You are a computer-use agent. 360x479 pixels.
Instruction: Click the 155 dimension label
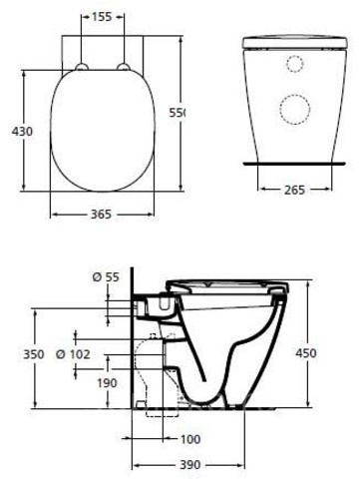pos(102,17)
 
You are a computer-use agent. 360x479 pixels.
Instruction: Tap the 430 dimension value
pos(23,132)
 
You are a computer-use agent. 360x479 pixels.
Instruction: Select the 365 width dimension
pos(101,215)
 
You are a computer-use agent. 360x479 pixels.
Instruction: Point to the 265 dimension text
pos(294,190)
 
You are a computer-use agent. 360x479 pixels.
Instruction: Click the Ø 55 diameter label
pos(106,276)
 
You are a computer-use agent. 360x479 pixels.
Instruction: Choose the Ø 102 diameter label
pos(73,354)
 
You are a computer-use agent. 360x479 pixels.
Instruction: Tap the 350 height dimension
pos(33,354)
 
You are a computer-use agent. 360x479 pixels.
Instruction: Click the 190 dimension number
pos(107,383)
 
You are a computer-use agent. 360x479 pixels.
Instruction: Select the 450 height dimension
pos(306,353)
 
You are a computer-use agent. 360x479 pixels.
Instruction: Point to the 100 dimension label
pos(190,439)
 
